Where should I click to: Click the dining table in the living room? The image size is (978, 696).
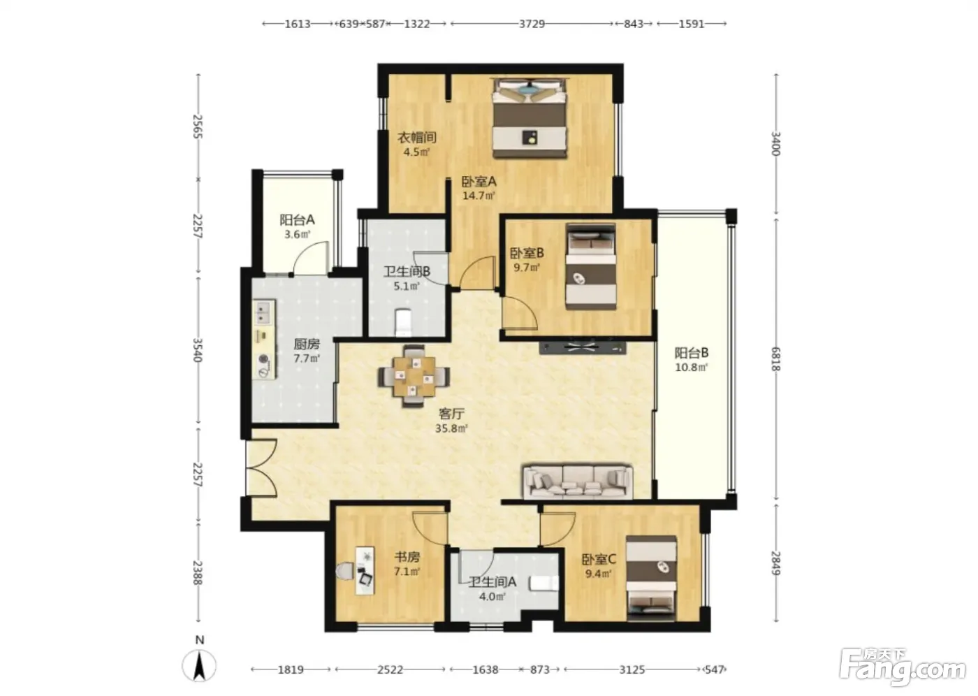pyautogui.click(x=414, y=377)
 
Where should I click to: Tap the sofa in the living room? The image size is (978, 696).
pyautogui.click(x=578, y=481)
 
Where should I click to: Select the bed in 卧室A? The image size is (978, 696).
pyautogui.click(x=530, y=118)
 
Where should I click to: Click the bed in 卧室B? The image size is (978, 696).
pyautogui.click(x=591, y=267)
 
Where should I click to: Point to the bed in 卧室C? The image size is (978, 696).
pyautogui.click(x=651, y=578)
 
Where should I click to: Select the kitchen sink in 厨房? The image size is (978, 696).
pyautogui.click(x=264, y=313)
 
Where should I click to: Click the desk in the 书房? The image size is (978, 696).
pyautogui.click(x=365, y=570)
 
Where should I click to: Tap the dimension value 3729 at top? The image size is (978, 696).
pyautogui.click(x=532, y=24)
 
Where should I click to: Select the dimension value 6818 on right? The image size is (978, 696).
pyautogui.click(x=775, y=359)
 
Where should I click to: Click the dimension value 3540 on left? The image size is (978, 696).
pyautogui.click(x=197, y=350)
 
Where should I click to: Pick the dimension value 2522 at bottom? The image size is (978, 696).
pyautogui.click(x=390, y=669)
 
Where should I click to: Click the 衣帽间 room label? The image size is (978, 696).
pyautogui.click(x=417, y=138)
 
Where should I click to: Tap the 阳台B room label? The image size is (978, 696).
pyautogui.click(x=692, y=352)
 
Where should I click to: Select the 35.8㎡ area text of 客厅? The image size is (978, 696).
pyautogui.click(x=451, y=428)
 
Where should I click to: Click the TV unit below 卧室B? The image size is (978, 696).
pyautogui.click(x=583, y=348)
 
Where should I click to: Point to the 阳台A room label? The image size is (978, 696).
pyautogui.click(x=298, y=219)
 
